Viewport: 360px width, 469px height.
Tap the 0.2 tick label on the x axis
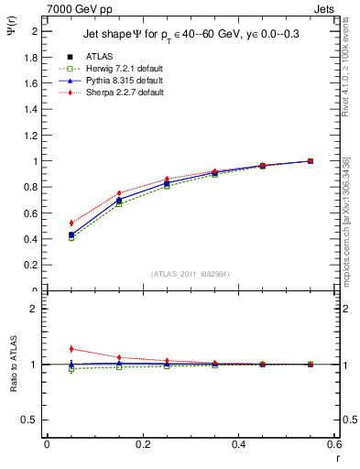143,444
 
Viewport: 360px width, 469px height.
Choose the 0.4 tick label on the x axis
239,444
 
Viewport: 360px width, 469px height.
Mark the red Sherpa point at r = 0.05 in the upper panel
71,223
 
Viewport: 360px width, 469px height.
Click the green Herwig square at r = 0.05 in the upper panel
71,237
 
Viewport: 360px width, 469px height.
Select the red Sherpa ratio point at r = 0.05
71,348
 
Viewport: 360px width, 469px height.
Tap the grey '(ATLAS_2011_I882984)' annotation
191,274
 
